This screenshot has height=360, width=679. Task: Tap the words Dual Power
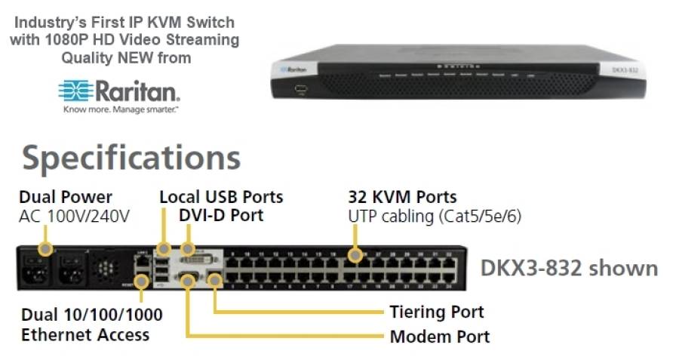point(66,197)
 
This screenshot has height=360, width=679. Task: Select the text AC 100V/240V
point(74,216)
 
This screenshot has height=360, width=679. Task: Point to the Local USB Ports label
point(221,197)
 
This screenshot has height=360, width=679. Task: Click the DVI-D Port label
point(221,215)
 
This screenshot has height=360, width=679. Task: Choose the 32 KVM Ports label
point(402,197)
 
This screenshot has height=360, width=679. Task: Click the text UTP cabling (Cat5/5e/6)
point(435,216)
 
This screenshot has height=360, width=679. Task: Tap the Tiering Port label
point(437,312)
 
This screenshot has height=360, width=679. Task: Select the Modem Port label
point(440,336)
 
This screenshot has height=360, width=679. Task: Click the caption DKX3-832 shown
point(569,268)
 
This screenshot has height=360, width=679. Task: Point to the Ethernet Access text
point(85,334)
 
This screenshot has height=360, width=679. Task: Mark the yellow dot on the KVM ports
point(354,256)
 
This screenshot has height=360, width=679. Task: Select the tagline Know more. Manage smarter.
point(118,109)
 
